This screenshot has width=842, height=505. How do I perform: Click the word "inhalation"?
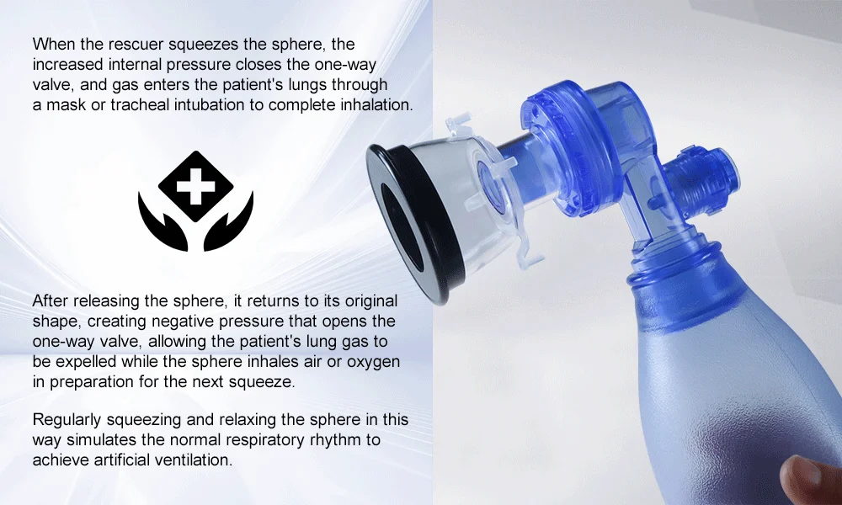pos(377,104)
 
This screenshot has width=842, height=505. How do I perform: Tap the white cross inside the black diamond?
pos(195,186)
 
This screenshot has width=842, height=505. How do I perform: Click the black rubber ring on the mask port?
pos(413,226)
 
